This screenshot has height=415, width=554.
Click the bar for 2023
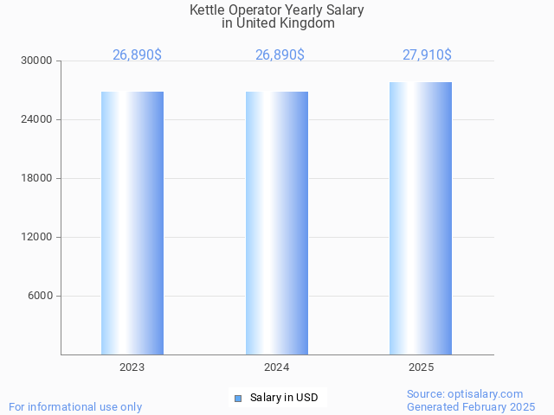click(132, 223)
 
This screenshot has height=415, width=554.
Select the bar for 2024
click(277, 223)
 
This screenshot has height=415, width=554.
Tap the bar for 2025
click(421, 218)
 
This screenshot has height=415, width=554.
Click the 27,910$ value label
click(427, 54)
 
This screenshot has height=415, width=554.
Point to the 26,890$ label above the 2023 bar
click(137, 54)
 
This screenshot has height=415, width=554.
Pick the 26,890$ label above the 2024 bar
click(280, 54)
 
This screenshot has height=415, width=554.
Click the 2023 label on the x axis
click(132, 367)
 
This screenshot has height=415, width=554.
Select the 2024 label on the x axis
click(277, 367)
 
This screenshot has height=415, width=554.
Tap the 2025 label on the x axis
click(422, 367)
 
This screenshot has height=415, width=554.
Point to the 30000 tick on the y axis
click(37, 61)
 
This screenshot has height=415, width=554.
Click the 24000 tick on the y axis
click(37, 119)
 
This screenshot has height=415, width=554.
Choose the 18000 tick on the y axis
click(37, 178)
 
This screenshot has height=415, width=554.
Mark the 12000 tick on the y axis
click(37, 237)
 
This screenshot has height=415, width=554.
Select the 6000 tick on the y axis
click(40, 296)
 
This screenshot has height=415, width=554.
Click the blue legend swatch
click(238, 399)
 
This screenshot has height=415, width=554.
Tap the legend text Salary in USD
click(284, 399)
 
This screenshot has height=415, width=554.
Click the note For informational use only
click(75, 406)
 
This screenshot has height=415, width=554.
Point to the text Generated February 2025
click(471, 406)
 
